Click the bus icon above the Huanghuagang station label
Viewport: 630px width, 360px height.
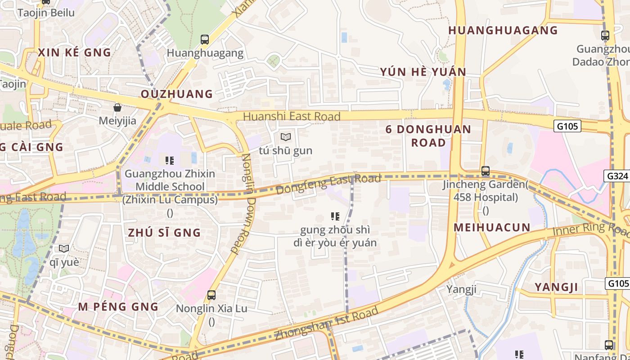[205, 40]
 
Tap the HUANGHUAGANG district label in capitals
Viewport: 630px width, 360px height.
[503, 31]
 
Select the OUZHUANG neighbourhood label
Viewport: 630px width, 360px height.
[177, 94]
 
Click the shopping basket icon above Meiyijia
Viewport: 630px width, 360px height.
[117, 108]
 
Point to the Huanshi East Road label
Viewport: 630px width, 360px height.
[292, 117]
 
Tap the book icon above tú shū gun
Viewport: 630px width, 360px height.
[286, 137]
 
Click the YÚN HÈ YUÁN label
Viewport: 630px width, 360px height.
[423, 72]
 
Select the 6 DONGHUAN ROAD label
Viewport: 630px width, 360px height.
[428, 136]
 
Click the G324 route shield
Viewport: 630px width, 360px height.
[616, 176]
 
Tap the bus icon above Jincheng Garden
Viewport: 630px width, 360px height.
[485, 171]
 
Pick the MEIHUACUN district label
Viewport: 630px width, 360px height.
[492, 228]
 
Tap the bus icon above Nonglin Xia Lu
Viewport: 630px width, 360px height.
[211, 295]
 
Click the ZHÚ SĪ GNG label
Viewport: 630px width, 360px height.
[164, 233]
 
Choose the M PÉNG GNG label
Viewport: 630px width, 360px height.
[118, 307]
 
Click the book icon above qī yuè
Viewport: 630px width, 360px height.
[64, 248]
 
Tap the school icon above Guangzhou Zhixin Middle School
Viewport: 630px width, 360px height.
[170, 160]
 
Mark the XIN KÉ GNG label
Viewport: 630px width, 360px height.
[75, 53]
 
